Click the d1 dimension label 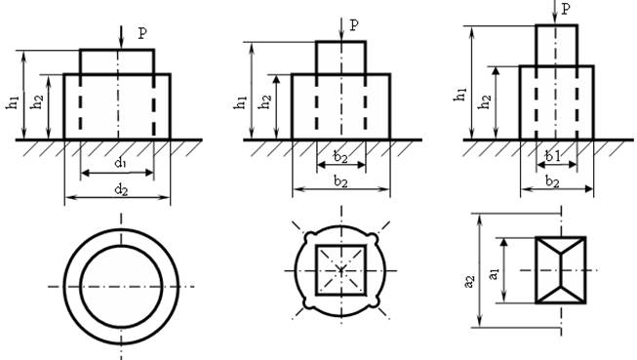121,163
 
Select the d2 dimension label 121,189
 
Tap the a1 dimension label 493,273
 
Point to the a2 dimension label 469,282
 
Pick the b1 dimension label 552,156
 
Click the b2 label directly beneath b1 552,181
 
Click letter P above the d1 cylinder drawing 142,33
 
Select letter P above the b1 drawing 566,9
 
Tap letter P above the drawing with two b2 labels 354,25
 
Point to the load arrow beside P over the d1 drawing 121,37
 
